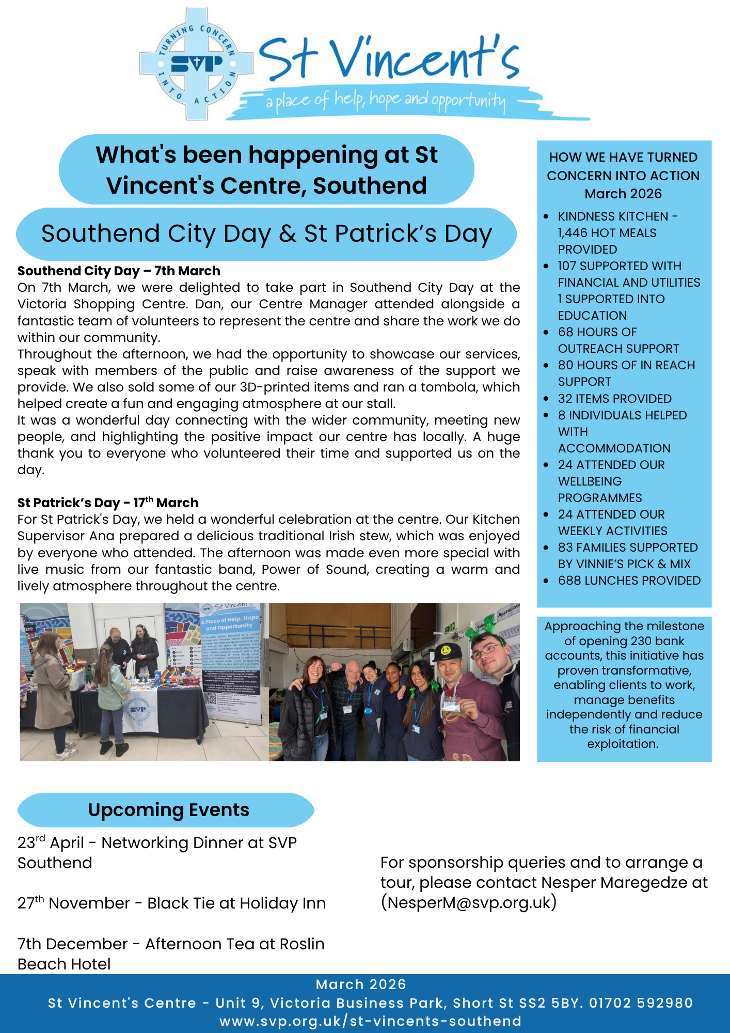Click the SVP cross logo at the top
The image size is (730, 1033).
tap(196, 64)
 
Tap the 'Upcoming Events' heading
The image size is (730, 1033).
tap(168, 810)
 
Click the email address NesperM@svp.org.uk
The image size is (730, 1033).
tap(469, 902)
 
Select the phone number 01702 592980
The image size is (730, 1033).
tap(641, 1003)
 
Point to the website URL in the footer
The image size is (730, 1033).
tap(370, 1021)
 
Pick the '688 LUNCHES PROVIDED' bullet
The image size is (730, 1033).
tap(629, 581)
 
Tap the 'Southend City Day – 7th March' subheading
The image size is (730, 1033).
tap(119, 271)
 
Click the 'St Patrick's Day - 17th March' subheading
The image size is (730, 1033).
tap(108, 503)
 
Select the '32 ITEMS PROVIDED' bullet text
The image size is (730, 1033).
tap(614, 399)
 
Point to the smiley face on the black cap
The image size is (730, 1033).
tap(445, 649)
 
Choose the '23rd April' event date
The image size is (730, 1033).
tap(50, 843)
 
